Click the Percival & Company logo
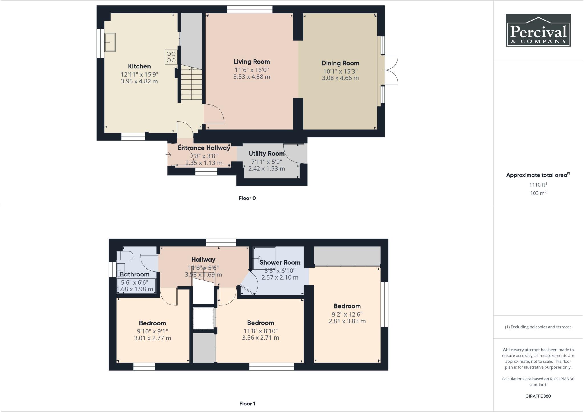(x=538, y=30)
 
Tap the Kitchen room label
(x=139, y=66)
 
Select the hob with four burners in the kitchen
(x=171, y=57)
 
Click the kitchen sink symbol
(x=110, y=42)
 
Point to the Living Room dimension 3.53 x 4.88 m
(x=252, y=77)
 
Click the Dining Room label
(x=340, y=63)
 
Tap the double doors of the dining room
(x=390, y=70)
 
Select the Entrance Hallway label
(x=204, y=148)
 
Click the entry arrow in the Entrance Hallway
(x=169, y=155)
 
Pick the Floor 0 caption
(x=247, y=198)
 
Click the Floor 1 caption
(x=247, y=403)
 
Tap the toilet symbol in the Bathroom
(x=125, y=255)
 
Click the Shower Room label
(x=280, y=262)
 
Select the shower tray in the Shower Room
(x=264, y=258)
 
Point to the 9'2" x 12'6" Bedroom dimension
(x=347, y=314)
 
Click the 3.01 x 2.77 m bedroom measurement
(x=152, y=338)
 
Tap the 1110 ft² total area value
(x=538, y=185)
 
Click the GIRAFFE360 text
(x=538, y=396)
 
